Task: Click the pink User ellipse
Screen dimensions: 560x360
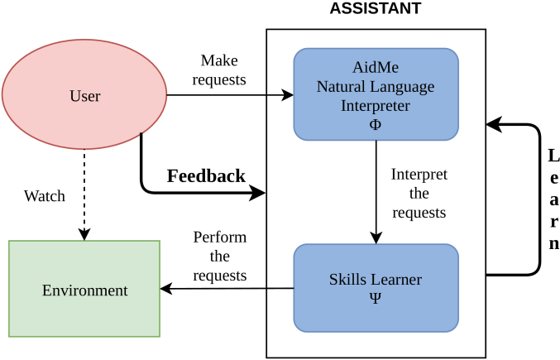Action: (84, 94)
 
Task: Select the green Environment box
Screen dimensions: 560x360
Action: (84, 289)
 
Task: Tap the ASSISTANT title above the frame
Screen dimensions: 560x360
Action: (376, 8)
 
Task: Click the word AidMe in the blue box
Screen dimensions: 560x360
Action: (376, 67)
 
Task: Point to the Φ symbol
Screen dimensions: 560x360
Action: (376, 124)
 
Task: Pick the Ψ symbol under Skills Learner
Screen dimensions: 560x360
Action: (376, 297)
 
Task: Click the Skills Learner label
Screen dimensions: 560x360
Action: (376, 279)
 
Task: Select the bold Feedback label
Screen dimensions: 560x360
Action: (207, 175)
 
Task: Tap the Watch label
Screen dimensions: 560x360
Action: (45, 196)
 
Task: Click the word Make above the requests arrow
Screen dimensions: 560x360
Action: (219, 60)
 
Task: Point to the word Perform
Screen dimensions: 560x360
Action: (220, 238)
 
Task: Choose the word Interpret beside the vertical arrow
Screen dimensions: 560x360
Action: (419, 175)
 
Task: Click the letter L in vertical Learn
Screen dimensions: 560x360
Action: (553, 156)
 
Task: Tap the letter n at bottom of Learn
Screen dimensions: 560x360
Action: (554, 243)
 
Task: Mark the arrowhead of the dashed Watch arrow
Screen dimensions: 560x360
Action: (84, 234)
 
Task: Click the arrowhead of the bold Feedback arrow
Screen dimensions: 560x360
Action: (258, 193)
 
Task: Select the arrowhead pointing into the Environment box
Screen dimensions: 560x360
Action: (166, 289)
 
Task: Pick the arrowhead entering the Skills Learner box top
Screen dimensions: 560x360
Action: (376, 238)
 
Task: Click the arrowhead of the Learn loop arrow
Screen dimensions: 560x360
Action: (494, 125)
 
